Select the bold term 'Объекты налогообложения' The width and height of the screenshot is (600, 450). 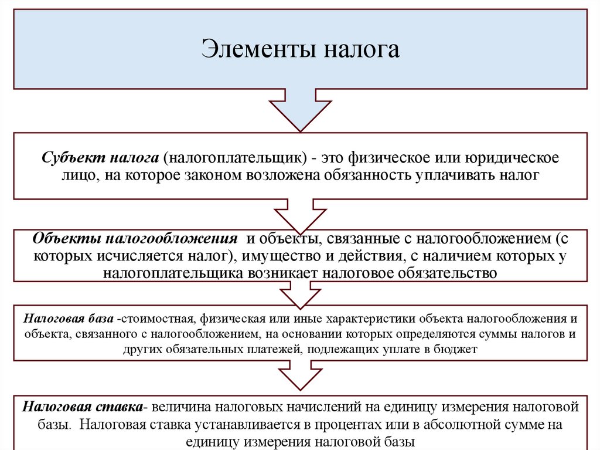(x=135, y=240)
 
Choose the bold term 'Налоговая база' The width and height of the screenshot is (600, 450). (x=69, y=319)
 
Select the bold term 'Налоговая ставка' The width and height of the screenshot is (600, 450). (x=81, y=407)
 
